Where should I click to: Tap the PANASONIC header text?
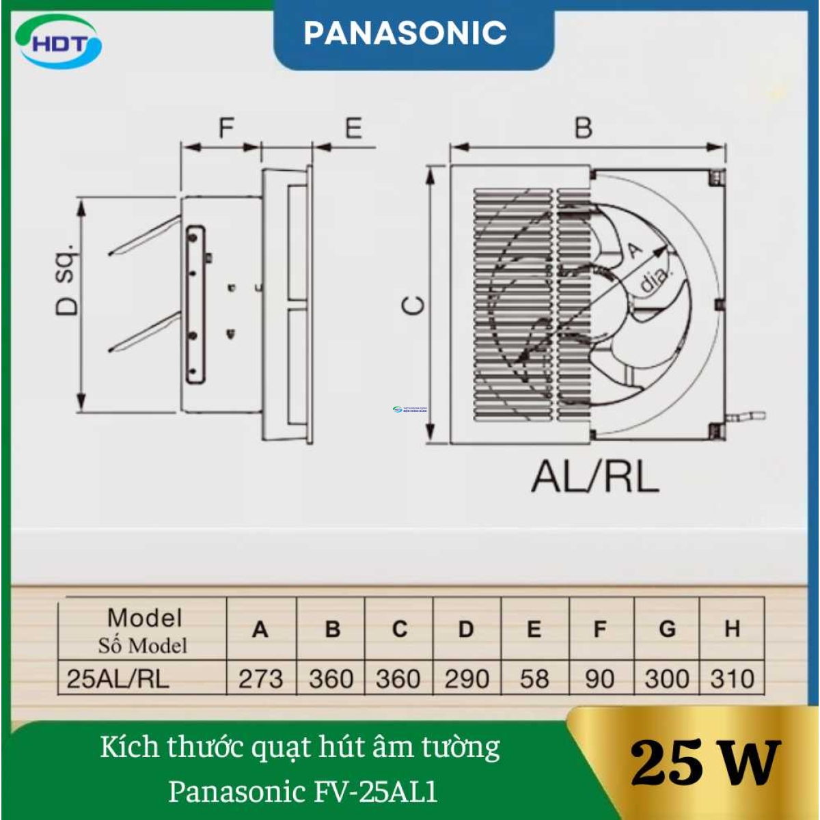405,33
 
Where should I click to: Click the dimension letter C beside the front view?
415,305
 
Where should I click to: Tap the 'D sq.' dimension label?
67,280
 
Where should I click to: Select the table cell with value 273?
260,679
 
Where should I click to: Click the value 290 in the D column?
467,679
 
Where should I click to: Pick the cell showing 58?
534,679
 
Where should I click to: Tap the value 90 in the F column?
599,679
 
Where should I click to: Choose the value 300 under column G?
666,679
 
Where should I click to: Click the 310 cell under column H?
732,679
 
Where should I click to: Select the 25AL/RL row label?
118,679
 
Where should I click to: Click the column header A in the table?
260,629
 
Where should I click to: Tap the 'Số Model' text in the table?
142,645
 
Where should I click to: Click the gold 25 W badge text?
705,763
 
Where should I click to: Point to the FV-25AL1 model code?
377,791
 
